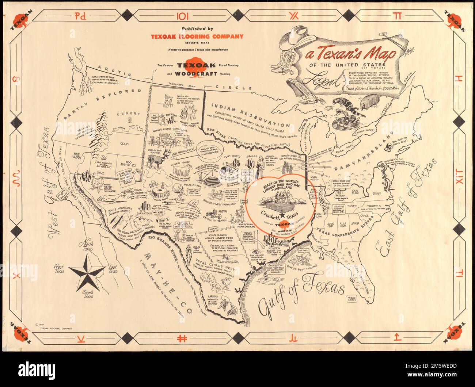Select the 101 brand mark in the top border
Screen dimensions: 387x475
tap(183, 16)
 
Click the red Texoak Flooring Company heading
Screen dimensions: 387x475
tap(197, 37)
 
